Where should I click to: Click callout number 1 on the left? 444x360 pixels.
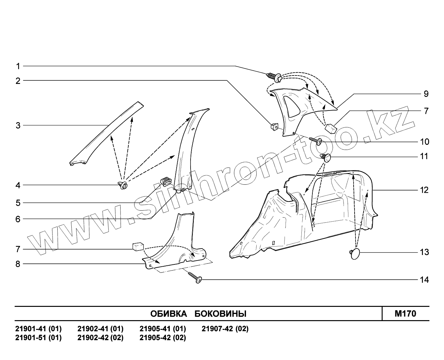click(x=18, y=66)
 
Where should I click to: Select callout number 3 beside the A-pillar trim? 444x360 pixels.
click(x=18, y=125)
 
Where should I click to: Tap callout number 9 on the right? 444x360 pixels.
click(x=426, y=94)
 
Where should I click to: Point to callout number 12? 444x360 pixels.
click(x=424, y=190)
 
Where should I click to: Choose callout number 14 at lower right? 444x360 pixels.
click(x=424, y=280)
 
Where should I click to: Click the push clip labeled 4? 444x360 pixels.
click(x=123, y=185)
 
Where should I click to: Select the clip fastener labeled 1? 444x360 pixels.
click(x=274, y=77)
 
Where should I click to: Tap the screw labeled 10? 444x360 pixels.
click(x=316, y=141)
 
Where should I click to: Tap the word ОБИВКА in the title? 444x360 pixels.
click(x=169, y=314)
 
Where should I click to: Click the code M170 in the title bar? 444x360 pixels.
click(x=405, y=314)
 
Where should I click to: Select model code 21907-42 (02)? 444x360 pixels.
click(x=225, y=329)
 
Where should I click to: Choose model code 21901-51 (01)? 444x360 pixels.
click(x=38, y=338)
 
